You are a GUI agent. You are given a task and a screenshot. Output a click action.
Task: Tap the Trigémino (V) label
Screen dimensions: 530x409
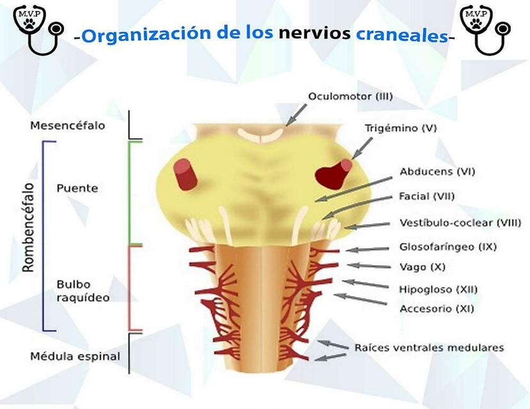click(401, 128)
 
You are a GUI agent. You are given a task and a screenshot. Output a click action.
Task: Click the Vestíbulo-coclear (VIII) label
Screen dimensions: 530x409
click(460, 222)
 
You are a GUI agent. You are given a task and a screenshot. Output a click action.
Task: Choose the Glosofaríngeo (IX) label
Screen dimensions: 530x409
click(439, 246)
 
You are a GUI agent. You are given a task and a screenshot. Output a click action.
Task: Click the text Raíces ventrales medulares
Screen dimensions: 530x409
click(429, 348)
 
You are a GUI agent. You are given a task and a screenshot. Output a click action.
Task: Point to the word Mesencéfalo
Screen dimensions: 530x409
click(67, 125)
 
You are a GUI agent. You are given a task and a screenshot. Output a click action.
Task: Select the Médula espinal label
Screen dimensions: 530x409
click(75, 357)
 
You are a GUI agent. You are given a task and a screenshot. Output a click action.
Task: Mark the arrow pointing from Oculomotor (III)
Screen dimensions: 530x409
click(296, 115)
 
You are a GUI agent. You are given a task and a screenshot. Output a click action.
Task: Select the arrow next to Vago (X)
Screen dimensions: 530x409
click(368, 265)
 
